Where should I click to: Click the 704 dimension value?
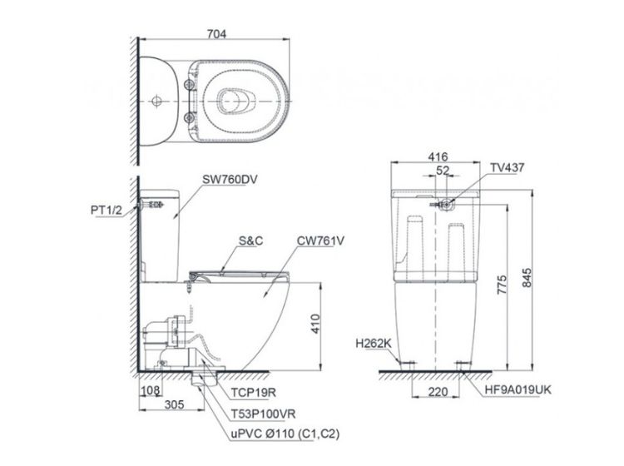pyautogui.click(x=216, y=34)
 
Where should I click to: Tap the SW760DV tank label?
pyautogui.click(x=230, y=180)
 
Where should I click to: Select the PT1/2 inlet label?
pyautogui.click(x=106, y=210)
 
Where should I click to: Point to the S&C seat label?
pyautogui.click(x=250, y=240)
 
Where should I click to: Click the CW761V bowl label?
pyautogui.click(x=320, y=240)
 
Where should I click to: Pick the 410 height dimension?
pyautogui.click(x=315, y=324)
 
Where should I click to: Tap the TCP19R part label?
pyautogui.click(x=254, y=393)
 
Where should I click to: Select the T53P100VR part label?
pyautogui.click(x=264, y=414)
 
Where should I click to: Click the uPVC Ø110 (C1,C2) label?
pyautogui.click(x=285, y=434)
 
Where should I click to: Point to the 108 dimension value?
pyautogui.click(x=150, y=390)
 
